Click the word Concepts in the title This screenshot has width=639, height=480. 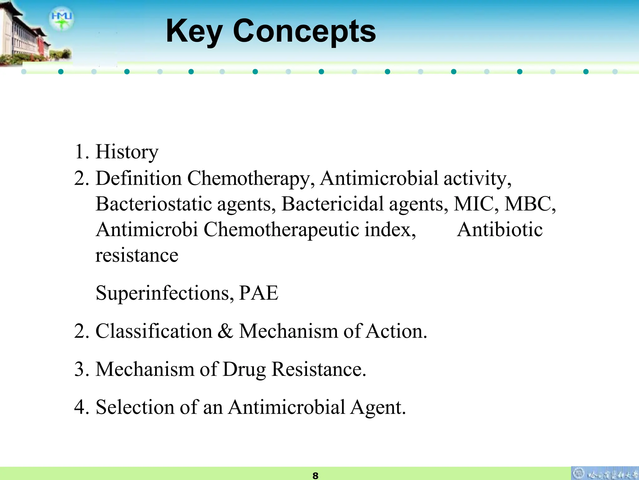coord(304,31)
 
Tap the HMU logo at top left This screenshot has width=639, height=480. coord(61,18)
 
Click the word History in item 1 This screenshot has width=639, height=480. coord(127,152)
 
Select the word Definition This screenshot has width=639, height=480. coord(139,178)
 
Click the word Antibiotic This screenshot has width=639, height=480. coord(500,230)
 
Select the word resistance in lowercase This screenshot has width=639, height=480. coord(137,256)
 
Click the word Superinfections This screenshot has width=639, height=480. coord(164,293)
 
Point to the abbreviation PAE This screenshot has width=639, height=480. coord(258,293)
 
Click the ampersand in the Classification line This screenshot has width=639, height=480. coord(225,331)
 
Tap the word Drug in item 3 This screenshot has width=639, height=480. coord(244,370)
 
